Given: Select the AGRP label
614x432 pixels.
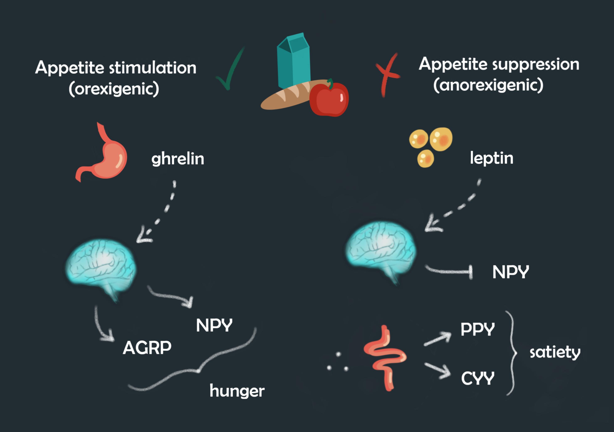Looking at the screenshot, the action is pos(147,348).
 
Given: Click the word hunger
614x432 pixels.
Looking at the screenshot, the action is pos(237,391).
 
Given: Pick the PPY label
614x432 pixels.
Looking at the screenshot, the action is pos(478,329).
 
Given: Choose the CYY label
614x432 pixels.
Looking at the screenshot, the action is pos(478,378).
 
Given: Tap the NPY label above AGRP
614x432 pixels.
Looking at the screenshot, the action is pos(214,326).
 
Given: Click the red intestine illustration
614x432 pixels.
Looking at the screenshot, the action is pos(385,358).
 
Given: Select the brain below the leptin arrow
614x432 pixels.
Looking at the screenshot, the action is pos(381,251).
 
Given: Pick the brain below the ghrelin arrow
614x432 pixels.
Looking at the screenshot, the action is pos(101,269).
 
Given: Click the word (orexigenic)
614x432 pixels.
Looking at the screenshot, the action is pos(114,89).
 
